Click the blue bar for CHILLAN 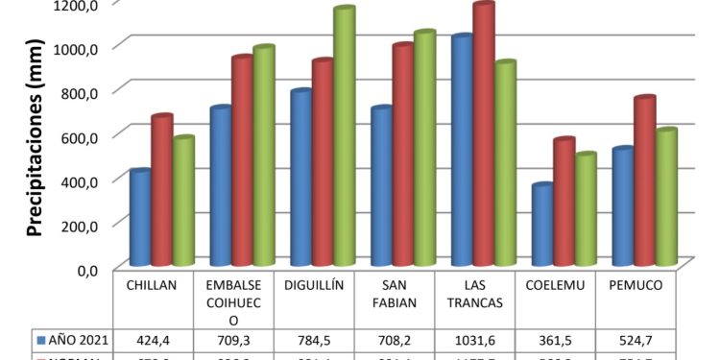(140, 218)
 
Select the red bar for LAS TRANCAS (483, 134)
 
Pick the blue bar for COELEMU (542, 226)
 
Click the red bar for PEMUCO (643, 181)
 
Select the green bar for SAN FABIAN (424, 149)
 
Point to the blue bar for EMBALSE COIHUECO (221, 186)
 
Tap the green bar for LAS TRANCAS (506, 163)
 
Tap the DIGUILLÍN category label (315, 285)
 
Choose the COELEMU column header (556, 285)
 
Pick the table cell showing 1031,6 (475, 339)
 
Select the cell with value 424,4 (154, 339)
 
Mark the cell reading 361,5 (556, 339)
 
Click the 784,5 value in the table (315, 339)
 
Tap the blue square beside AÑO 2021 (40, 339)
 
